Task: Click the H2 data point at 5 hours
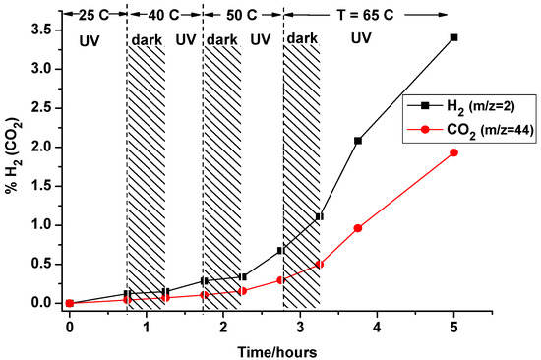[x=453, y=37]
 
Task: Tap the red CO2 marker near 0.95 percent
[x=358, y=228]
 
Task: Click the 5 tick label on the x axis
[x=453, y=324]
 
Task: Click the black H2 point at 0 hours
[x=70, y=303]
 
